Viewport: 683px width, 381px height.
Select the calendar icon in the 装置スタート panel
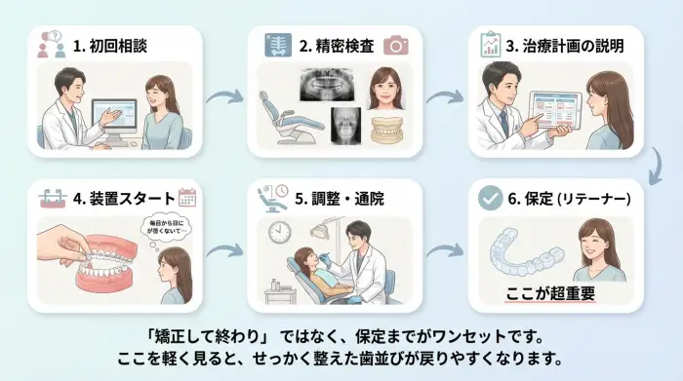coord(187,198)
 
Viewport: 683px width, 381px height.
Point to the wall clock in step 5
coord(279,233)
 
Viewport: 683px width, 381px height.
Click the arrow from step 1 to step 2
coord(225,95)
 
